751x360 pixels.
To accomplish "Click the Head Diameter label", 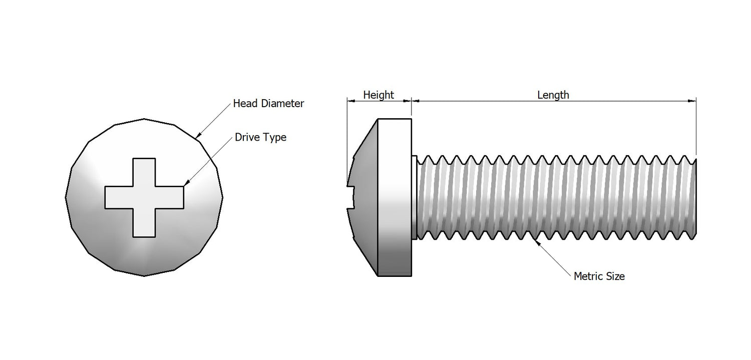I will point(268,104).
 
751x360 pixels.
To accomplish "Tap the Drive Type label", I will point(260,137).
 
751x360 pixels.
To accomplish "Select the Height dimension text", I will point(379,95).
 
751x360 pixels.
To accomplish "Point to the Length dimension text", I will point(553,95).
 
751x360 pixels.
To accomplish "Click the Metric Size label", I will point(599,276).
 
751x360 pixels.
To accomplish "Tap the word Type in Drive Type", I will point(275,138).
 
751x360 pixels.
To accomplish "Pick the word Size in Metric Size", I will point(615,276).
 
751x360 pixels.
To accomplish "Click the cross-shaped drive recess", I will point(144,197).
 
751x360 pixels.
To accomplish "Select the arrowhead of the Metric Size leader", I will point(537,241).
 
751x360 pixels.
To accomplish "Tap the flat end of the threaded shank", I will point(695,198).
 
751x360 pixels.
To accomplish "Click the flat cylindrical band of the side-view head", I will point(395,197).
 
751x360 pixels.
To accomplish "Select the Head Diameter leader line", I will point(214,120).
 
